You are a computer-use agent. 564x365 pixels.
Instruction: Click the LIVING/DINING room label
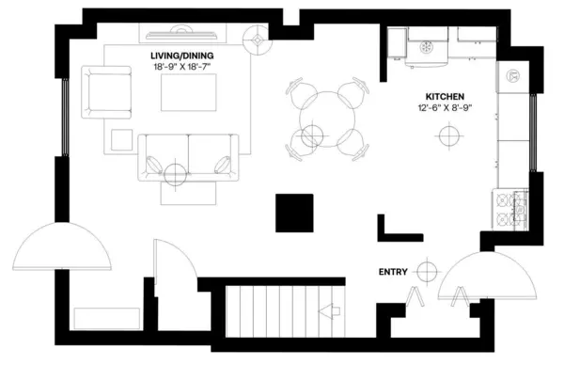188,56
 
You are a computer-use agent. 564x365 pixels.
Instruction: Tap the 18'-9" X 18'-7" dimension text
188,67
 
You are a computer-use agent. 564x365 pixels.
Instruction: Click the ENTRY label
393,272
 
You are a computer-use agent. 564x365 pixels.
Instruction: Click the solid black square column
294,213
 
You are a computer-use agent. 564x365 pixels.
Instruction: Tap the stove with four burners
510,209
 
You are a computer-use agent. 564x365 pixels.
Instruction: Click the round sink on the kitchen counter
514,76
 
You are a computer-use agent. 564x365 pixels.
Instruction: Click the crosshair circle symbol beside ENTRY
428,272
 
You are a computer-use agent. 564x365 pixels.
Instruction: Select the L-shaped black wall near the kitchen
396,227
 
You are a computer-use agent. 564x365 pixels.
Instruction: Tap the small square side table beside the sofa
121,138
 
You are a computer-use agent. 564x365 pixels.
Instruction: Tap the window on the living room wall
65,117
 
